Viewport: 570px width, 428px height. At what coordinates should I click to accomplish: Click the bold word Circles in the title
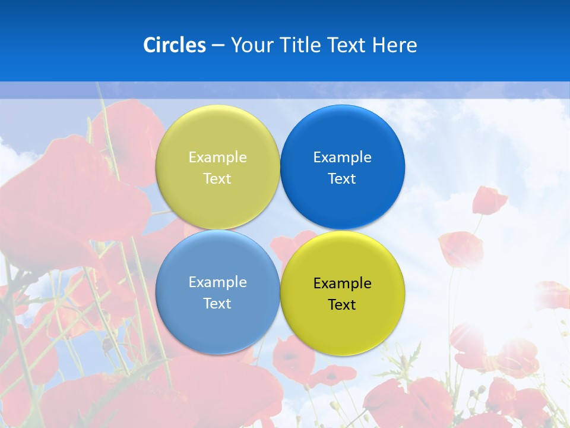[x=175, y=45]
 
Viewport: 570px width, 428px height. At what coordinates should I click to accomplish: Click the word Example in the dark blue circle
[x=342, y=158]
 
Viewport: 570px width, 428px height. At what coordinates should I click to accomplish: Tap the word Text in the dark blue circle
[x=342, y=179]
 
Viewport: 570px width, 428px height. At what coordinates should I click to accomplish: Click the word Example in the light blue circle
[x=217, y=282]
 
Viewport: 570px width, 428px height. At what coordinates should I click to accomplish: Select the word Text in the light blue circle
[x=217, y=304]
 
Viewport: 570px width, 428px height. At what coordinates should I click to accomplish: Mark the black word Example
[x=342, y=284]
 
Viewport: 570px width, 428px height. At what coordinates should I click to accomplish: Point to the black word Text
[x=342, y=305]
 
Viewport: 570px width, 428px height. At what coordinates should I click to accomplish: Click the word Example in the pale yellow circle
[x=217, y=158]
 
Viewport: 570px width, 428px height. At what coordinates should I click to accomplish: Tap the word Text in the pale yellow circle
[x=217, y=179]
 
